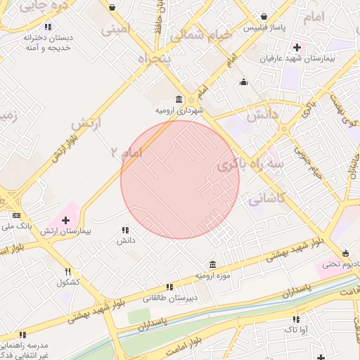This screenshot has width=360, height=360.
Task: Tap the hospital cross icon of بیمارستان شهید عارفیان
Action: point(296,48)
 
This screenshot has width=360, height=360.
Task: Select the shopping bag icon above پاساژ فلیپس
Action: point(263,16)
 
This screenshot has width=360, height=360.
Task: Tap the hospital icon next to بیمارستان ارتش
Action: point(66,221)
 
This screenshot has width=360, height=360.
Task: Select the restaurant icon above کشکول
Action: point(68,271)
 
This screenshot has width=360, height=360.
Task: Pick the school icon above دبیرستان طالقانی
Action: point(169,287)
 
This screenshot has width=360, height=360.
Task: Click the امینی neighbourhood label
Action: point(116,30)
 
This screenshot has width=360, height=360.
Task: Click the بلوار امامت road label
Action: point(191,345)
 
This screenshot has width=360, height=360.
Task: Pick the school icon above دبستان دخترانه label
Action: point(48,27)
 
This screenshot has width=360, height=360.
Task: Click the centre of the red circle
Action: point(180,180)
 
